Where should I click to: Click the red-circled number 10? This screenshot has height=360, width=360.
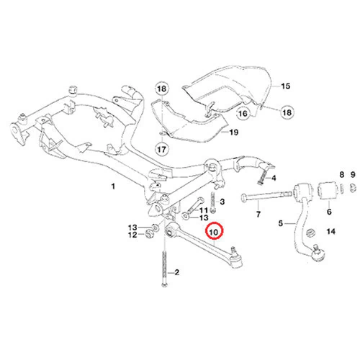click(214, 233)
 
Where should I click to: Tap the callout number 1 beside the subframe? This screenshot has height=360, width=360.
click(113, 186)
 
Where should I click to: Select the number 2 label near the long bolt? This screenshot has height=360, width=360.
click(177, 272)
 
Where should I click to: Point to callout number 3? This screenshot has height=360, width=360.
click(222, 202)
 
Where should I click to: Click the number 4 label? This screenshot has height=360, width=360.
click(274, 178)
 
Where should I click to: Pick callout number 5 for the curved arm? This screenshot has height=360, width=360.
click(281, 223)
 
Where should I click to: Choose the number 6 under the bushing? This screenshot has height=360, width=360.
click(329, 212)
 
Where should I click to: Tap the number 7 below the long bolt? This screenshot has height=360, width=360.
click(258, 214)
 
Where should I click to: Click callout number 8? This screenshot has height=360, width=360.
click(342, 174)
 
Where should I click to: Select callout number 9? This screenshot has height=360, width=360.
click(353, 174)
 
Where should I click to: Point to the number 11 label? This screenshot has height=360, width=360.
click(204, 210)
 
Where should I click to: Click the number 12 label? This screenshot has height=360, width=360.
click(132, 235)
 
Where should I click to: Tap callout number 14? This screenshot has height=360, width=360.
click(331, 231)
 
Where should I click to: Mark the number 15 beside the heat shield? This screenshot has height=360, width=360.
click(286, 86)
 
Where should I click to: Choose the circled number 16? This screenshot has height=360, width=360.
click(243, 113)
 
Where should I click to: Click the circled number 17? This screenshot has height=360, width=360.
click(161, 150)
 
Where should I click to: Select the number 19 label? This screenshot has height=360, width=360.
click(234, 132)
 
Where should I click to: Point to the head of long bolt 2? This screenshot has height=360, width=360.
click(164, 285)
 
